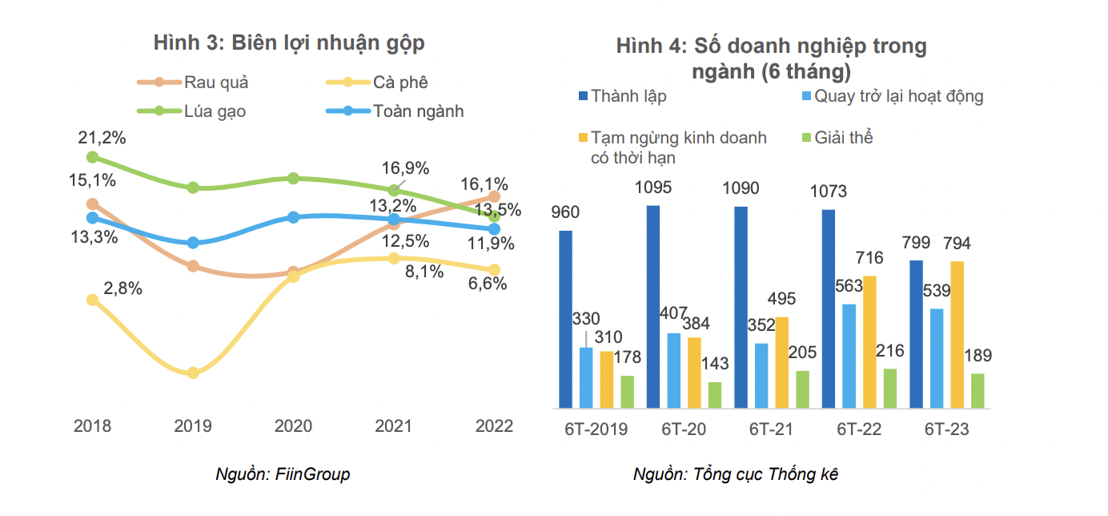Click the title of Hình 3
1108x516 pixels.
pos(289,43)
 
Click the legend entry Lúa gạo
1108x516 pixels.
pos(215,111)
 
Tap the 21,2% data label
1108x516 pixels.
pos(102,138)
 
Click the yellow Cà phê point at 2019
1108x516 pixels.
pos(192,373)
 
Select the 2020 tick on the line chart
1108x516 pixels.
pos(293,426)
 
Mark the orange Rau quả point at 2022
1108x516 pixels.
pos(494,196)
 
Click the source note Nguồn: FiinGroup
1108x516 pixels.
pos(283,474)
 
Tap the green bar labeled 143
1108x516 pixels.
pos(715,395)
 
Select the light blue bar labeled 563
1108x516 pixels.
pos(849,357)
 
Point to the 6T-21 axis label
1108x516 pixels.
pos(771,429)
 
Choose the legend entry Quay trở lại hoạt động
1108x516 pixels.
pos(898,97)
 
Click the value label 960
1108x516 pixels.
pos(566,213)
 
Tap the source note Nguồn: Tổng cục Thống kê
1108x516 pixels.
pos(735,474)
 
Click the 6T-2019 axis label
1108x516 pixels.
pos(596,429)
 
